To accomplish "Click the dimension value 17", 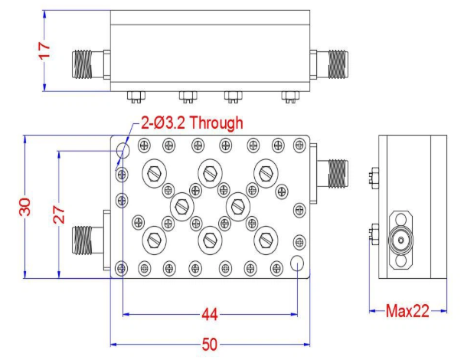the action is coord(44,51).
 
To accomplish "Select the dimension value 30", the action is coord(25,207).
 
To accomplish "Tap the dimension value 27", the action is coord(59,214).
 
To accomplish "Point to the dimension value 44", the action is coord(210,314).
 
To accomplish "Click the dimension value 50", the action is coord(210,345).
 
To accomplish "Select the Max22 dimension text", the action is coord(407,311).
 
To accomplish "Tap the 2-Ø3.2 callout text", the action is coord(163,123).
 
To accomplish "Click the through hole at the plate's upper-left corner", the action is coord(123,150).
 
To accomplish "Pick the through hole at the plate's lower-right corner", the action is coord(297,263).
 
